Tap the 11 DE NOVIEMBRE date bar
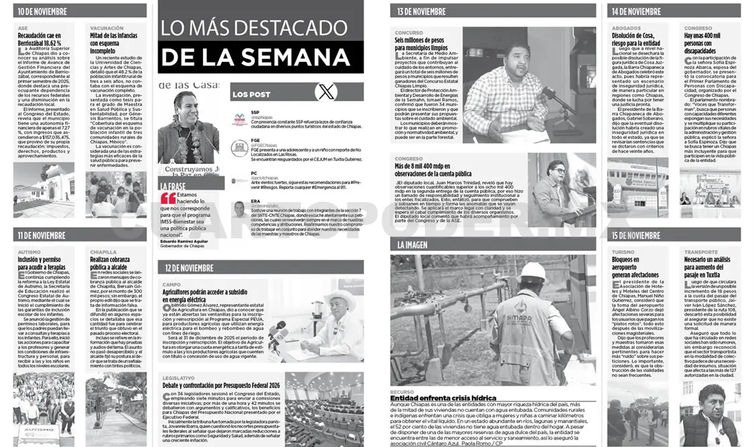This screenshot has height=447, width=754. point(42,235)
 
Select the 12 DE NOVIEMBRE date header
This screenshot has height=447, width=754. point(190,268)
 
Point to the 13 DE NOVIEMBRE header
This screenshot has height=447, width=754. point(422,11)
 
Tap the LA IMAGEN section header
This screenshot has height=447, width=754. point(412,245)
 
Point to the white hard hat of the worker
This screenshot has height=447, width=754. point(533,271)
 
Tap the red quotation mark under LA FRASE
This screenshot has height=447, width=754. point(168,198)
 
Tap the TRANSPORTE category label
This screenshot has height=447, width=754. point(700,252)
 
